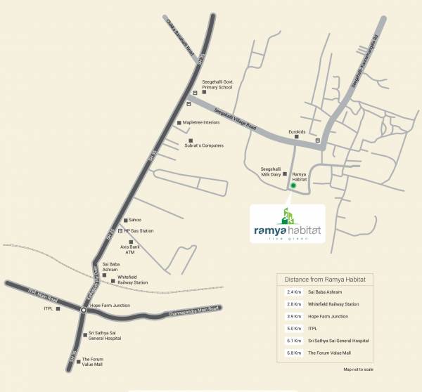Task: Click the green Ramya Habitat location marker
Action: (293, 185)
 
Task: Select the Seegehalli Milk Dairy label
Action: (271, 171)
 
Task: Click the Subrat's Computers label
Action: (203, 145)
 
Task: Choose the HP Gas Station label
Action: (139, 230)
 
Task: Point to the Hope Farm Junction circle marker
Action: (83, 309)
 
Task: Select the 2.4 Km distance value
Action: (293, 292)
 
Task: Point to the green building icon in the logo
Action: (288, 215)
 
